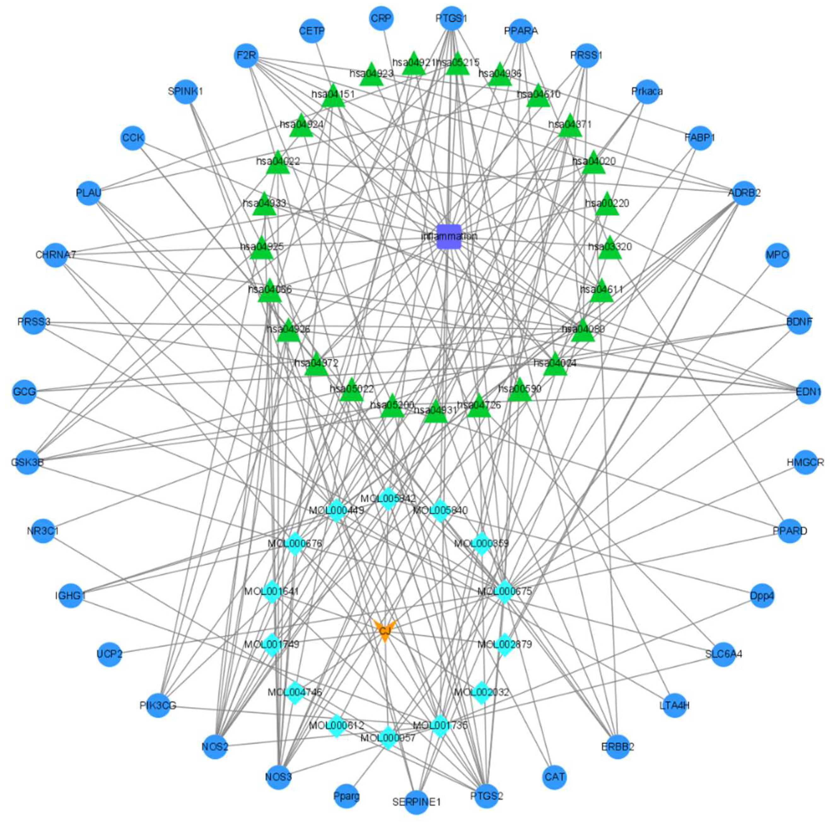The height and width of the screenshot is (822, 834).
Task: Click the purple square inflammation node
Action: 449,237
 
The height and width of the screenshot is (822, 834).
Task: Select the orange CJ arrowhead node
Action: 384,631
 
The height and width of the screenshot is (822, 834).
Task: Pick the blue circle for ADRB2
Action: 744,192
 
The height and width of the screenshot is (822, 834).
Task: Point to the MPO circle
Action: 777,255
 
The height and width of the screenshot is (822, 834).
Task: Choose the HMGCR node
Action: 805,462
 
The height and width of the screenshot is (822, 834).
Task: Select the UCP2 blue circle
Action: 110,654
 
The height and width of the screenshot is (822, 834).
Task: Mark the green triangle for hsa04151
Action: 334,96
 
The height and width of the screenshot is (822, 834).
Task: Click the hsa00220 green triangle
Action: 607,205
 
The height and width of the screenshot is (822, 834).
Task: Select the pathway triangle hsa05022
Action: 351,391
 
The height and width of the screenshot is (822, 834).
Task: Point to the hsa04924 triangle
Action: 301,126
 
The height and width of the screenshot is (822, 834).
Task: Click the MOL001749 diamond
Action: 272,644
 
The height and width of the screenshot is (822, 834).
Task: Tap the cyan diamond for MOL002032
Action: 481,692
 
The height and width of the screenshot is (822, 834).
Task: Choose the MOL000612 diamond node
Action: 336,726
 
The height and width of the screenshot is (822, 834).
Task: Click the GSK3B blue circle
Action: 27,462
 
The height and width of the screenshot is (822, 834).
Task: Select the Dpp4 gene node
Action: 762,596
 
